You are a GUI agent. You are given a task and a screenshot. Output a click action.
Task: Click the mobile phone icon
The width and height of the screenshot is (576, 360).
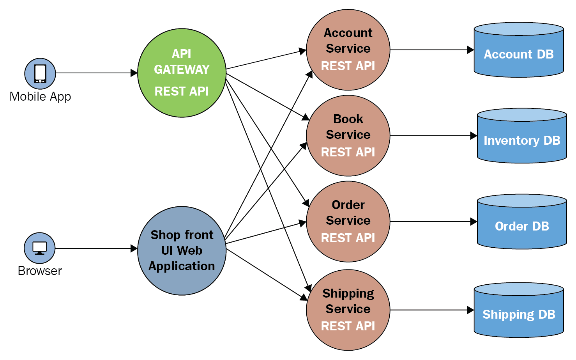tap(40, 73)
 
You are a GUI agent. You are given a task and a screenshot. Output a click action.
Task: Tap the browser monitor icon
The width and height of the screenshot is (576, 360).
tap(39, 248)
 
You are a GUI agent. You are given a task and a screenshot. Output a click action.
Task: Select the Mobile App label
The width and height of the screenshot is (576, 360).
tap(40, 96)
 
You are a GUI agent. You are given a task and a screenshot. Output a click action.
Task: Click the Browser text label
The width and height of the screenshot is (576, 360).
tap(40, 271)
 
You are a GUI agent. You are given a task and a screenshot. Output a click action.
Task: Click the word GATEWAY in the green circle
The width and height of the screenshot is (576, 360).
tap(182, 69)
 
